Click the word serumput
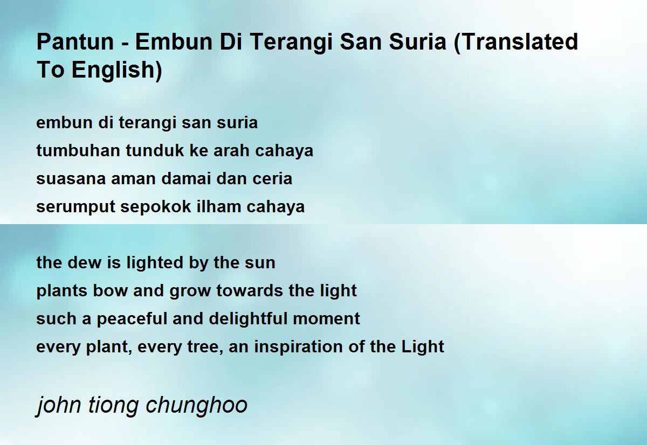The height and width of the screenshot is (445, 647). pyautogui.click(x=76, y=207)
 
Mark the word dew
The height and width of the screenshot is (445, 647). pyautogui.click(x=82, y=263)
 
